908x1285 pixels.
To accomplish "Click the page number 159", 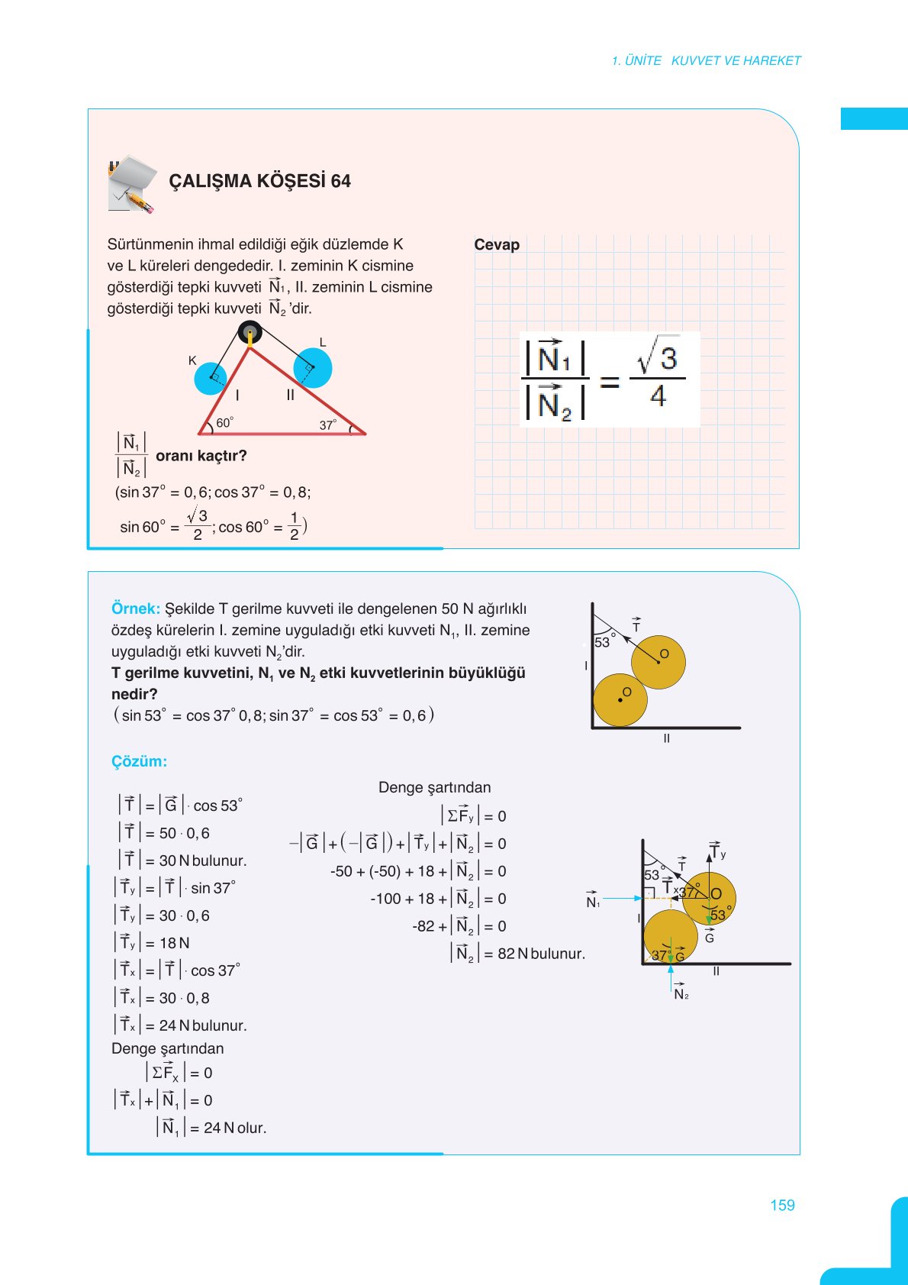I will tap(782, 1205).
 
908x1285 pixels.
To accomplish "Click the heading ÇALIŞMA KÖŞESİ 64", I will tap(259, 181).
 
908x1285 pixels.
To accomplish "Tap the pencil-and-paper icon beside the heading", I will tap(132, 184).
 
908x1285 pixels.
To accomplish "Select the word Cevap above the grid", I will tap(497, 245).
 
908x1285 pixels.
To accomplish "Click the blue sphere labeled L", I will tap(313, 367).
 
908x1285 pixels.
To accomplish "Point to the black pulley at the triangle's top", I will tap(250, 333).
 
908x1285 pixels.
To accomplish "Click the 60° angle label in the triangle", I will tap(224, 423).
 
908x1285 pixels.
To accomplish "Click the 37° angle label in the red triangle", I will tap(327, 425).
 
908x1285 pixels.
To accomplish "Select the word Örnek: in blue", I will tap(136, 609).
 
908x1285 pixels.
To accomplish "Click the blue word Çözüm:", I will tap(139, 761).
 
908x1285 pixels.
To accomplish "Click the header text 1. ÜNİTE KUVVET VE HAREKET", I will tap(706, 60).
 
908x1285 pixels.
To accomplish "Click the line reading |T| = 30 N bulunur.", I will tap(183, 860).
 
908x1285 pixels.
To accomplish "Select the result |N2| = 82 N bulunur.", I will tap(519, 954).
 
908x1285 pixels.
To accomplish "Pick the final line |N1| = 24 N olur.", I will tap(212, 1128).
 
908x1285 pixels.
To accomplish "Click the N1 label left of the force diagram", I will tap(593, 901).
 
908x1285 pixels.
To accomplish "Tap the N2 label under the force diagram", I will tap(681, 993).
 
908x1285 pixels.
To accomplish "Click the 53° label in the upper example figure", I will tap(604, 642).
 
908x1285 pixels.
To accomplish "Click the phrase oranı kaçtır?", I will tap(201, 456).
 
